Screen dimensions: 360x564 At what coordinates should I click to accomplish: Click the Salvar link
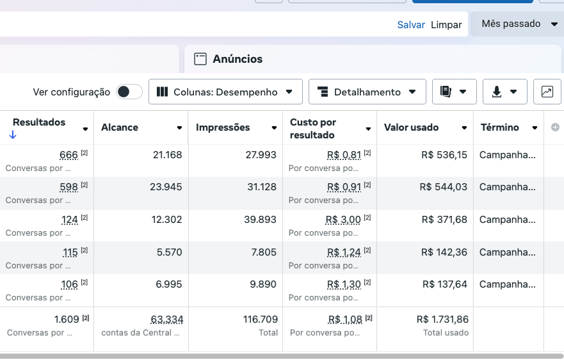(x=411, y=24)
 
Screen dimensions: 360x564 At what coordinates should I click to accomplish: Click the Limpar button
(x=446, y=24)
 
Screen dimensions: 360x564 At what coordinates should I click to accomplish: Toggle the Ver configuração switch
(x=129, y=92)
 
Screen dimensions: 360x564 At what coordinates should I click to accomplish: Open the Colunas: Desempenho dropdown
(x=225, y=92)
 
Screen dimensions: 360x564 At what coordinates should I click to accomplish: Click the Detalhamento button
(x=367, y=92)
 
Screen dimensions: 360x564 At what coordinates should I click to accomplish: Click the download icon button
(x=504, y=92)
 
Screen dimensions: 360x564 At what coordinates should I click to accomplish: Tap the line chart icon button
(x=547, y=92)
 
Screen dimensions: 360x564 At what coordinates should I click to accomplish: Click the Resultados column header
(x=39, y=122)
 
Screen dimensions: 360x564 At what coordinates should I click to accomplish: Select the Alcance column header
(x=120, y=127)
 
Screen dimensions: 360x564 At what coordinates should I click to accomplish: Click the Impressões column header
(x=223, y=127)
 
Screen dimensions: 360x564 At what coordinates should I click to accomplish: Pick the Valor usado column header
(x=411, y=127)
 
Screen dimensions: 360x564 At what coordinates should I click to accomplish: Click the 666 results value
(x=68, y=154)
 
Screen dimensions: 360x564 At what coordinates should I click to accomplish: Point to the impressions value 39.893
(x=261, y=219)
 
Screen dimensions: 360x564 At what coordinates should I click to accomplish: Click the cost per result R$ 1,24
(x=344, y=252)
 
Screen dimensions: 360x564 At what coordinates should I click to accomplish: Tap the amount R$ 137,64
(x=444, y=284)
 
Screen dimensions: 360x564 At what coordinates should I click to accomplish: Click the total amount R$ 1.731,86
(x=442, y=319)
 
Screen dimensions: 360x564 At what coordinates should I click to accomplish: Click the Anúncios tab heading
(x=238, y=59)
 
